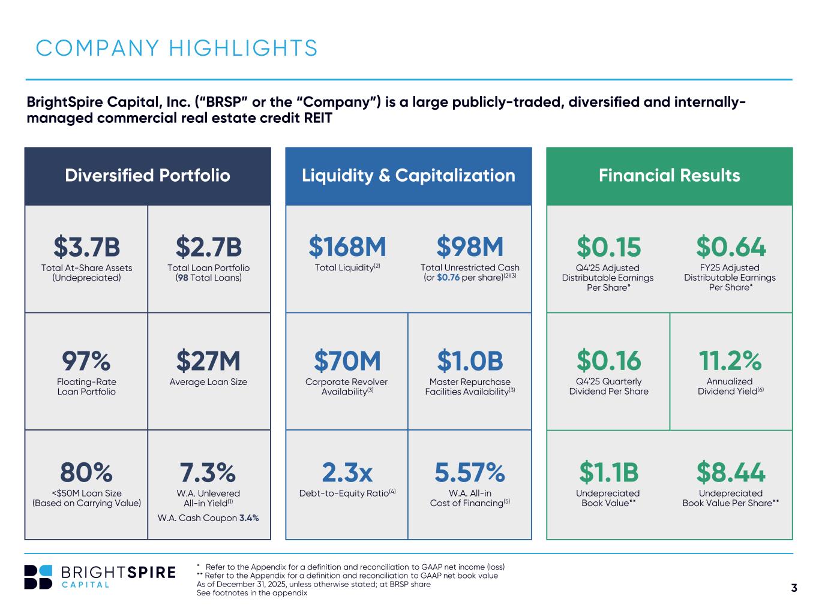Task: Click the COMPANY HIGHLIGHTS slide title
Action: (176, 48)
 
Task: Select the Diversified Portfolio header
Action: (148, 175)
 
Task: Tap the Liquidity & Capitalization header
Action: (408, 175)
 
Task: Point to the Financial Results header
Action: (669, 175)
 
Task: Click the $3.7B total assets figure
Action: (86, 246)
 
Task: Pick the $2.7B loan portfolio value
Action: (209, 246)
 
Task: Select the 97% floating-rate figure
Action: (86, 361)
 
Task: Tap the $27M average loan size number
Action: (208, 361)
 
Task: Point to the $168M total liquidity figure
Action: (347, 246)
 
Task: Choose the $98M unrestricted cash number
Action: (470, 246)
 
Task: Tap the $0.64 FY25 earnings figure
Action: (731, 246)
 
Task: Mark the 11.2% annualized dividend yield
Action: (730, 361)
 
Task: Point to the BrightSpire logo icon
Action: (38, 577)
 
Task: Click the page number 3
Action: (794, 588)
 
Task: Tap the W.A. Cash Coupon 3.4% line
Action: (208, 518)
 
